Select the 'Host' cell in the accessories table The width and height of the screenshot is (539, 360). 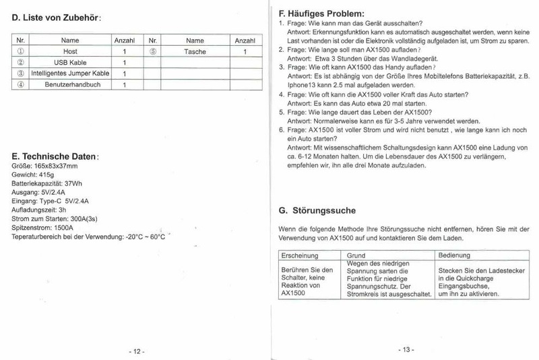(x=69, y=51)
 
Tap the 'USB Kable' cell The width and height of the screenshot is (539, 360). (x=69, y=62)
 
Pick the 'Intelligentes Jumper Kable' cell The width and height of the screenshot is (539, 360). (x=69, y=73)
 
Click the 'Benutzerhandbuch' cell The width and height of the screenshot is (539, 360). (x=69, y=84)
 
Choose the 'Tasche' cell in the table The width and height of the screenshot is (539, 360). (x=195, y=51)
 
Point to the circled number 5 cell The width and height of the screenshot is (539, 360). (x=154, y=51)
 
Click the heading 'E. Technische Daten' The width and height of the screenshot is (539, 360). (x=55, y=156)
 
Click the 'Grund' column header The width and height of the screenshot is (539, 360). (x=356, y=256)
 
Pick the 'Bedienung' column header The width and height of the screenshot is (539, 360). (x=455, y=256)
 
